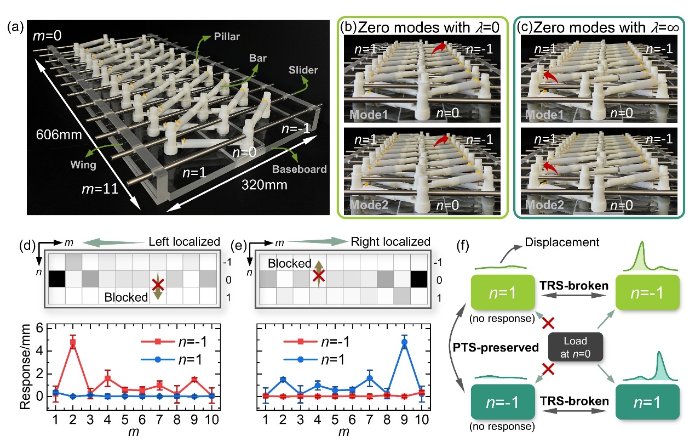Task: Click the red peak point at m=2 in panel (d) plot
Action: point(72,342)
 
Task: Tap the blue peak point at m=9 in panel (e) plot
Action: point(404,342)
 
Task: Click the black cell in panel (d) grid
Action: point(57,280)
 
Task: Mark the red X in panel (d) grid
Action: point(158,284)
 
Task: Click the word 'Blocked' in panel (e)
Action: point(289,263)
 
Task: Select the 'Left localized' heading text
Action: point(183,241)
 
